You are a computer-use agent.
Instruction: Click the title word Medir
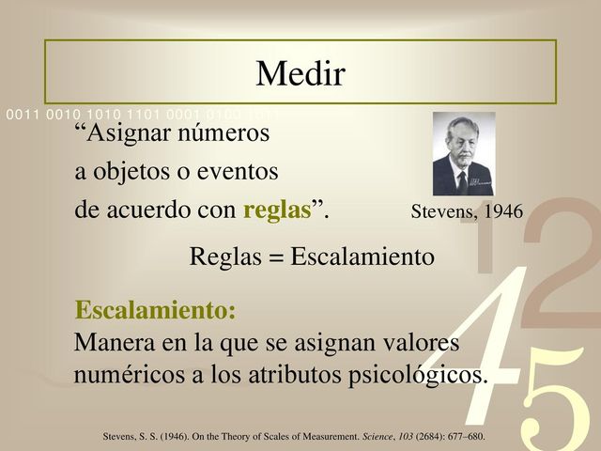[x=300, y=71]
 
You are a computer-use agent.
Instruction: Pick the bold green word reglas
[x=277, y=211]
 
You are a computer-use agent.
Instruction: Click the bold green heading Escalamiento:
[x=155, y=310]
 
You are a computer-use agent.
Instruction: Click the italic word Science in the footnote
[x=364, y=438]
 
